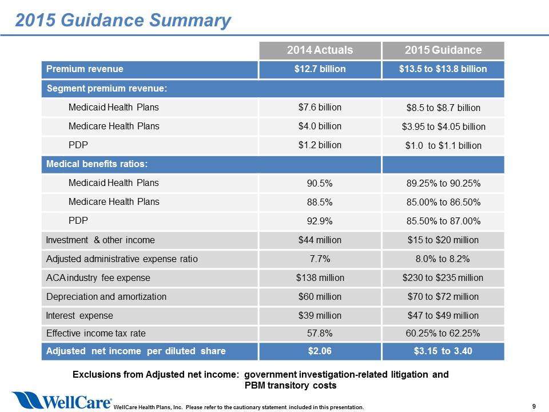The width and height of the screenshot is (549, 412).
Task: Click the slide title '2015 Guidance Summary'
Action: point(123,20)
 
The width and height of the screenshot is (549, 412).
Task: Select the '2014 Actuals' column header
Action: point(320,50)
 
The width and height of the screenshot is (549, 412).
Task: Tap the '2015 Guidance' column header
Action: point(443,50)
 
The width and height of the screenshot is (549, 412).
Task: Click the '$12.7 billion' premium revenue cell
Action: point(320,69)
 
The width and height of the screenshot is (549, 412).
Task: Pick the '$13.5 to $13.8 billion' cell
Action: point(443,69)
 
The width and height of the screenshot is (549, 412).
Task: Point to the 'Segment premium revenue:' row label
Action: point(107,88)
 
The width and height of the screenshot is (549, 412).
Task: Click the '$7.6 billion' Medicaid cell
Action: point(320,107)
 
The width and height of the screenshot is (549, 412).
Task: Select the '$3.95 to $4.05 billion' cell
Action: point(444,126)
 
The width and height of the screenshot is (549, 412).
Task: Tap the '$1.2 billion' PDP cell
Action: point(320,145)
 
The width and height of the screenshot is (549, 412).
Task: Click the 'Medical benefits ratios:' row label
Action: point(97,164)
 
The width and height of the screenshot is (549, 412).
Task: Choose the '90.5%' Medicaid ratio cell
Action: point(320,183)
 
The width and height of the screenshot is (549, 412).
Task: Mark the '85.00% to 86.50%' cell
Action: point(443,202)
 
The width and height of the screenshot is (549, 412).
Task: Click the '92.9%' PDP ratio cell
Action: point(320,221)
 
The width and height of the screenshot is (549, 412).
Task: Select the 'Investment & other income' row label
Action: point(101,240)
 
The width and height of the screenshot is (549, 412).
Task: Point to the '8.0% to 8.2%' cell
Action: point(443,259)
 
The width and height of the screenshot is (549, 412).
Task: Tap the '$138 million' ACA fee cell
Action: point(320,278)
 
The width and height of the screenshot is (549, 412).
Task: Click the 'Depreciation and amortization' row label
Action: point(106,297)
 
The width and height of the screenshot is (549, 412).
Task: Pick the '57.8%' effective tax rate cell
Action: point(320,333)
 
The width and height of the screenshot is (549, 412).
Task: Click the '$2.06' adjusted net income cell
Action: point(320,351)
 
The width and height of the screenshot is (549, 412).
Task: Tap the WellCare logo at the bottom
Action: point(62,400)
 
